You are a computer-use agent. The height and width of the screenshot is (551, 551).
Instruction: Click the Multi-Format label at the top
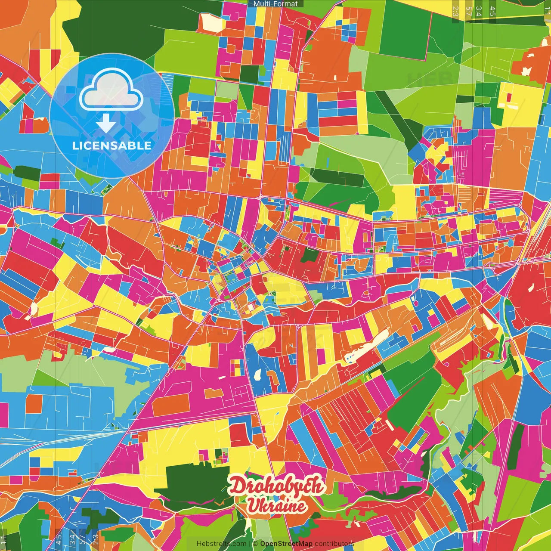click(275, 4)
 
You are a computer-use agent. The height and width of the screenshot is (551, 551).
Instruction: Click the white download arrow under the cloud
click(105, 124)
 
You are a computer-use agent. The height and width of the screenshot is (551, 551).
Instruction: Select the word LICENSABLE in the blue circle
click(112, 145)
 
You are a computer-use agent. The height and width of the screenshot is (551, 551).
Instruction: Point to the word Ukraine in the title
click(276, 506)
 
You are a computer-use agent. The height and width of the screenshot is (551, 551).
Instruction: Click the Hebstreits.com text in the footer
click(221, 544)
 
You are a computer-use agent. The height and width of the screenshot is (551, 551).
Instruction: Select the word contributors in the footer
click(334, 544)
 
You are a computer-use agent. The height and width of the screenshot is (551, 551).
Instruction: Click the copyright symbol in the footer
click(255, 544)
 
